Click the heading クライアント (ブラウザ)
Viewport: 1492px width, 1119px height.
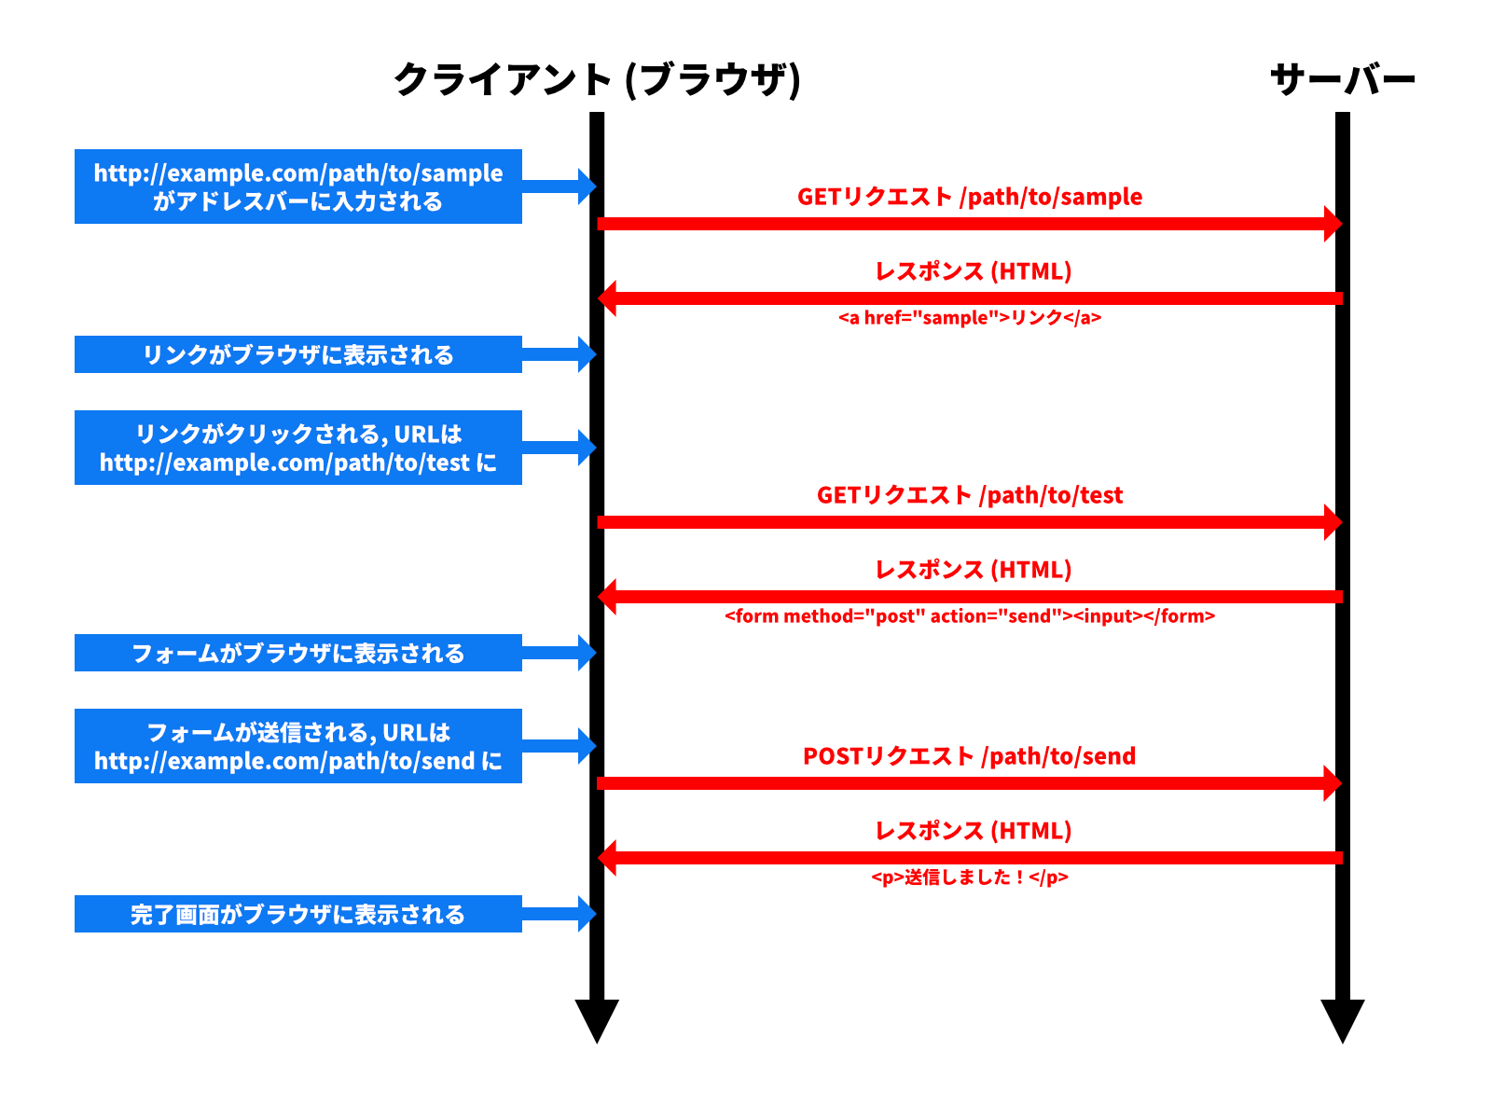(597, 79)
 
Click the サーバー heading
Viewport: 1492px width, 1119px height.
(1343, 79)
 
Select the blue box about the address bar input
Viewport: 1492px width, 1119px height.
(298, 186)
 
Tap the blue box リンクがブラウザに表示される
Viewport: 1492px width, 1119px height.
(298, 354)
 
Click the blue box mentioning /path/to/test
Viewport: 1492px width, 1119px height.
(298, 448)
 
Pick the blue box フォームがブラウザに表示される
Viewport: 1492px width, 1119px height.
(298, 653)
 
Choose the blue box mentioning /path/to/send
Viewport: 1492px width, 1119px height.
(298, 746)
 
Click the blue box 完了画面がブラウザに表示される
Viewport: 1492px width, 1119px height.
(298, 914)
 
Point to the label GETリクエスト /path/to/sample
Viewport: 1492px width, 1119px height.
(970, 197)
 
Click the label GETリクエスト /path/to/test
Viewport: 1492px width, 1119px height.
(970, 495)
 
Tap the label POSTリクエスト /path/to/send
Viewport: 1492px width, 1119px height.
(970, 756)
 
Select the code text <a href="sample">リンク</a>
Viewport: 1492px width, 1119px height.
(970, 318)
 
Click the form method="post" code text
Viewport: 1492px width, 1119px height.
(970, 616)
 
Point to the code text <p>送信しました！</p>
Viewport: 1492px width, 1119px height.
(970, 877)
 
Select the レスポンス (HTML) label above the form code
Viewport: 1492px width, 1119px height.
(974, 570)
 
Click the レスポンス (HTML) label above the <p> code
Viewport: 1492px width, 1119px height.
(974, 831)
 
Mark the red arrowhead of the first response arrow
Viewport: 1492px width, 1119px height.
(607, 298)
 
